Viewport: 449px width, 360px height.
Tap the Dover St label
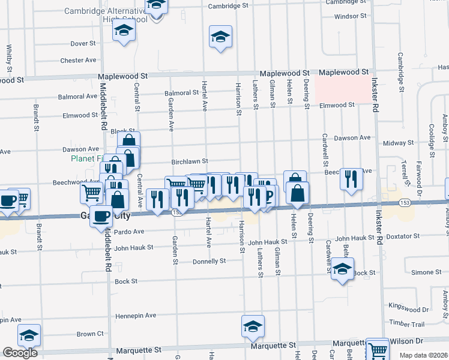[83, 44]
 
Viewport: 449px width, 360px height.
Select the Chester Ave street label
[78, 61]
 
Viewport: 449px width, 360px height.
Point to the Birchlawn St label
[189, 161]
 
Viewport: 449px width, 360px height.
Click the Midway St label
[394, 143]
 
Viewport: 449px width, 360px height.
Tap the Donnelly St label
[209, 262]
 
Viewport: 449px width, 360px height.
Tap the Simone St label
[426, 272]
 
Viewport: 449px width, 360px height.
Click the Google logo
[20, 353]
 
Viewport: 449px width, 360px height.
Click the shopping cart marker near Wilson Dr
[378, 349]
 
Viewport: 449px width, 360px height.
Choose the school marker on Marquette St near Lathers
[253, 326]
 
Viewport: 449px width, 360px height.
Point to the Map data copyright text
[424, 355]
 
